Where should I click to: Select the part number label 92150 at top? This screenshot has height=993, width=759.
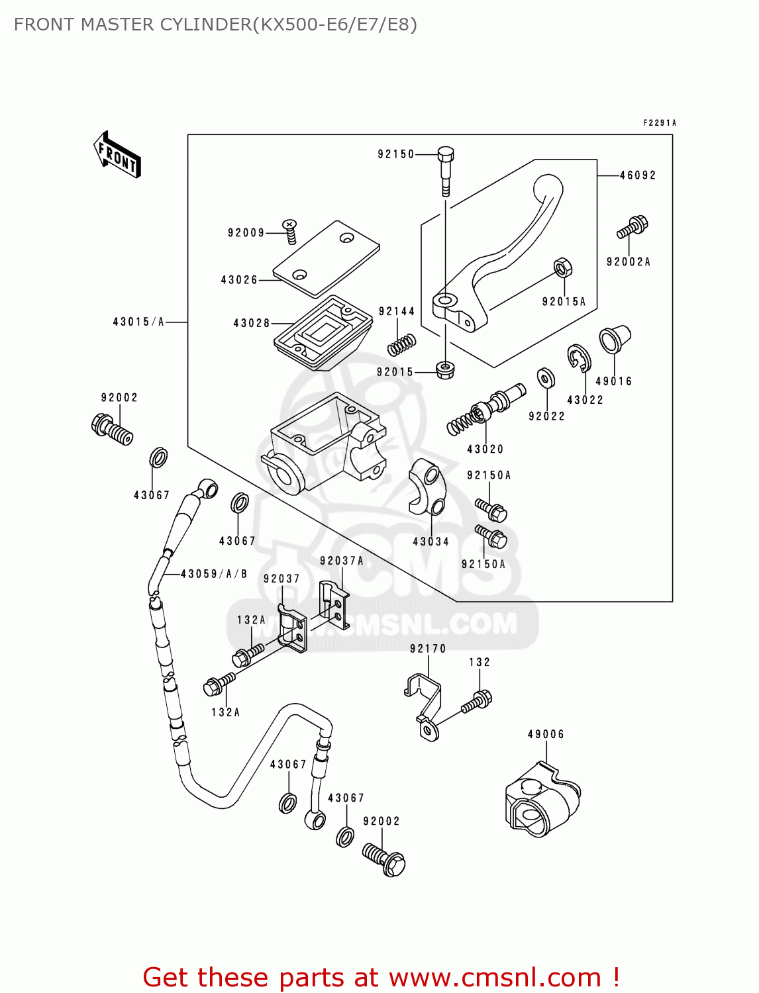pyautogui.click(x=395, y=154)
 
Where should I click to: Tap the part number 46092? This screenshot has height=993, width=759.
pyautogui.click(x=638, y=175)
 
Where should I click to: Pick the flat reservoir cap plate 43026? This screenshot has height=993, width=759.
pyautogui.click(x=326, y=258)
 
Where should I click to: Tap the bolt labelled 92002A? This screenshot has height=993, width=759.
pyautogui.click(x=633, y=227)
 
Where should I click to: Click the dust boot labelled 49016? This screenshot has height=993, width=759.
pyautogui.click(x=614, y=340)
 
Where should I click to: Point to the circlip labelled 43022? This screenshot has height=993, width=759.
pyautogui.click(x=579, y=358)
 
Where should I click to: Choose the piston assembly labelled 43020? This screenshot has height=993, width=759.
pyautogui.click(x=486, y=410)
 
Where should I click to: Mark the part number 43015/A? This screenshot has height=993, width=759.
pyautogui.click(x=138, y=322)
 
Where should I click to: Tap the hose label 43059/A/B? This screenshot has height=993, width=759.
pyautogui.click(x=214, y=574)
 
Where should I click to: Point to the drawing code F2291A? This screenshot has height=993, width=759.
pyautogui.click(x=660, y=122)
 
